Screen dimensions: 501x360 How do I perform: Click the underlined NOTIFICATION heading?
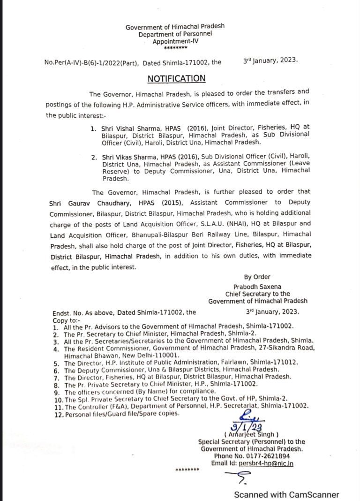177,78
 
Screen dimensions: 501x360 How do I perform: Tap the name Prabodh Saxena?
257,286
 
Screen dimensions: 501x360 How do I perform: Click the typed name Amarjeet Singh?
251,434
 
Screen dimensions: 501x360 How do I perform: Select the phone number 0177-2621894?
277,455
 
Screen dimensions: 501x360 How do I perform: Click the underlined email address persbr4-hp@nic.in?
266,463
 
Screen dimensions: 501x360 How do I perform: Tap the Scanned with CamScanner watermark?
286,494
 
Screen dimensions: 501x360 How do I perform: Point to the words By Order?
257,277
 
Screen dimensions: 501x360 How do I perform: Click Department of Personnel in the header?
175,34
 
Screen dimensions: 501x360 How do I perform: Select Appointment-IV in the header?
175,42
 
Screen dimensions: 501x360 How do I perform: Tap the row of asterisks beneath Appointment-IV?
175,48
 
